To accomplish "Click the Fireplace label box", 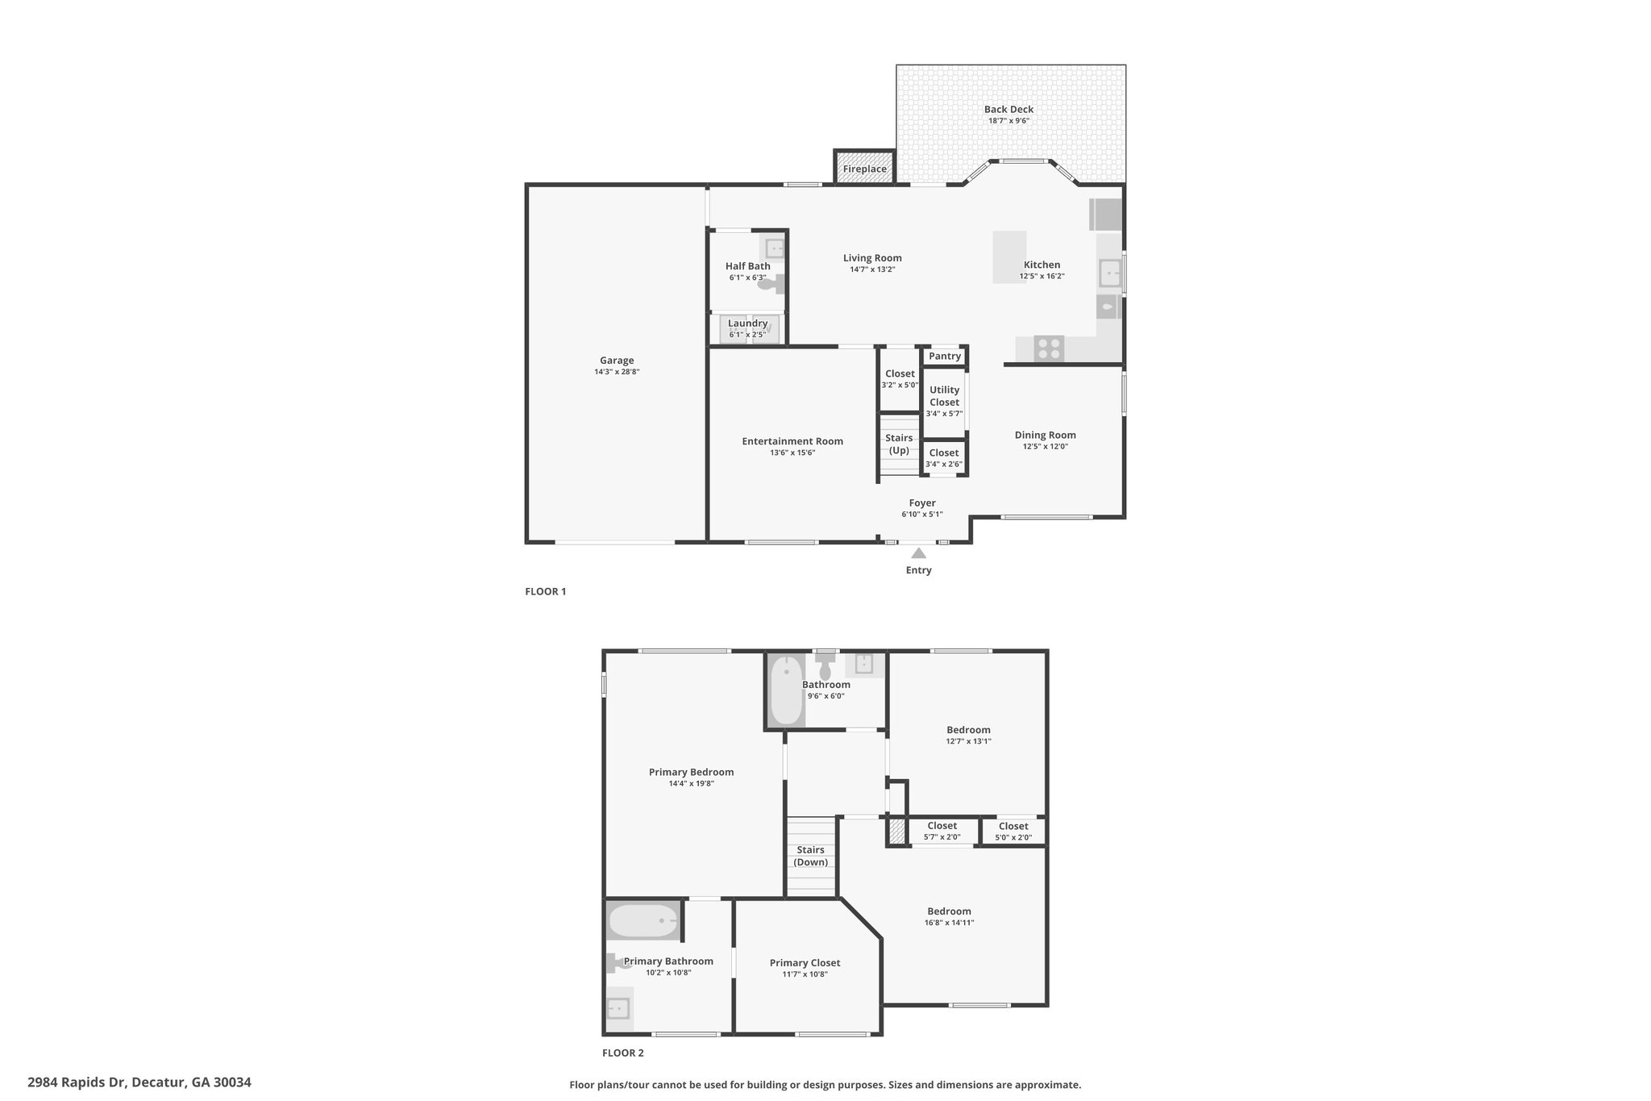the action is click(864, 168).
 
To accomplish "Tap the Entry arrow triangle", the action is click(918, 553).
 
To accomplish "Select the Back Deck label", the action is click(1008, 110).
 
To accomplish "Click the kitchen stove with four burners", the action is click(1050, 348).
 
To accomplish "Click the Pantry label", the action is click(945, 356).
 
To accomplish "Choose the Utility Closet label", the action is click(944, 396).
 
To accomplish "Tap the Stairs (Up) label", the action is click(899, 444).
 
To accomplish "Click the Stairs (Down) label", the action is click(810, 856).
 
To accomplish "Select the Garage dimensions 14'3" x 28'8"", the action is click(617, 372).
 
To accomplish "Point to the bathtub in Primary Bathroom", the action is click(643, 920).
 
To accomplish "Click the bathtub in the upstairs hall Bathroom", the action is click(786, 690).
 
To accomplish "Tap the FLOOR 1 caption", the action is click(546, 591).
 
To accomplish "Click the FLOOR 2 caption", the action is click(623, 1053).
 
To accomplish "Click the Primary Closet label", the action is click(805, 962).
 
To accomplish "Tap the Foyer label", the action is click(922, 503).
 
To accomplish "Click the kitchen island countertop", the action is click(1009, 257).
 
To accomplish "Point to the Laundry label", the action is click(747, 323).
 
